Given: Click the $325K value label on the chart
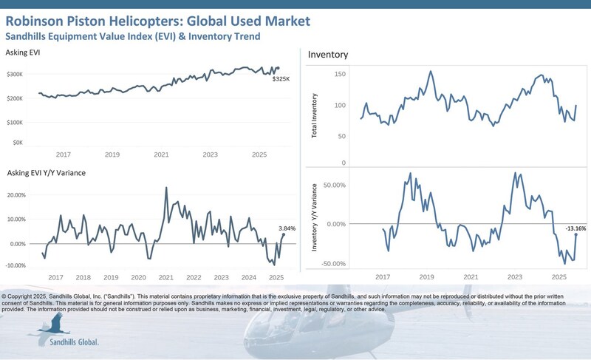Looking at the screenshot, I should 281,78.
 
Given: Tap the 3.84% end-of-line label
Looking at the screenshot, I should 286,228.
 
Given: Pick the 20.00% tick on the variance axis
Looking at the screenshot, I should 16,195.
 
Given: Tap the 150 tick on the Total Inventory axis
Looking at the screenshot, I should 340,74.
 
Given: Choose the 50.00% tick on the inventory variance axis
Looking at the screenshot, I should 335,185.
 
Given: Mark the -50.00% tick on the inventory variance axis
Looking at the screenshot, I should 334,263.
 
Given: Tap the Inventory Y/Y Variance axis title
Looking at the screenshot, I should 315,223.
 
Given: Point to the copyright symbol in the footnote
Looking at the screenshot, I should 5,295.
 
